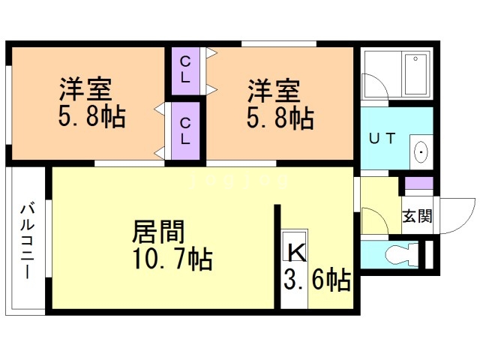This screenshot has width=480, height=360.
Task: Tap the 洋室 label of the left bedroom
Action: [x=85, y=90]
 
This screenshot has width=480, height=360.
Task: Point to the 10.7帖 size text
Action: [x=172, y=259]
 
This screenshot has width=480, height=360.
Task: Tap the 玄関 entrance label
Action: [x=417, y=217]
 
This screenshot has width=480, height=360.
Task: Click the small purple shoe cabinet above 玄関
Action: [x=418, y=184]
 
